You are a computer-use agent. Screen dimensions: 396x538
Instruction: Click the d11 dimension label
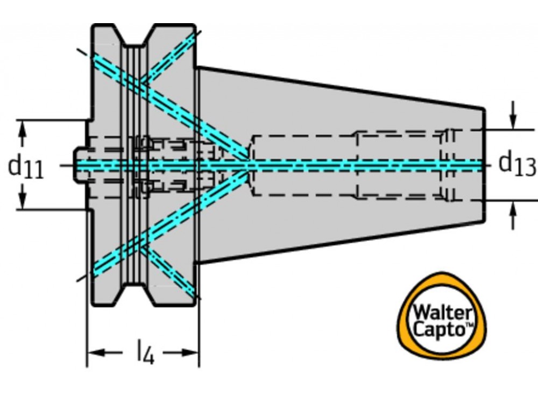pyautogui.click(x=25, y=167)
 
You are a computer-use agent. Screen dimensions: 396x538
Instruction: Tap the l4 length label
pyautogui.click(x=145, y=354)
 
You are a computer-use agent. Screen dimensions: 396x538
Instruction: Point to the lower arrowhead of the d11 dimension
pyautogui.click(x=23, y=203)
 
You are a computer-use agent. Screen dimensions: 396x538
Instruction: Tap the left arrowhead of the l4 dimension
pyautogui.click(x=95, y=353)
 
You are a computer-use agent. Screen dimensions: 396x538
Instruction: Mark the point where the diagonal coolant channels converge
pyautogui.click(x=249, y=165)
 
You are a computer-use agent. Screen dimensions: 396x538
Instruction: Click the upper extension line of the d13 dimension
pyautogui.click(x=511, y=129)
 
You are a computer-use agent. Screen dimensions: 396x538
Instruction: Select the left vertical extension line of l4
pyautogui.click(x=87, y=334)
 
